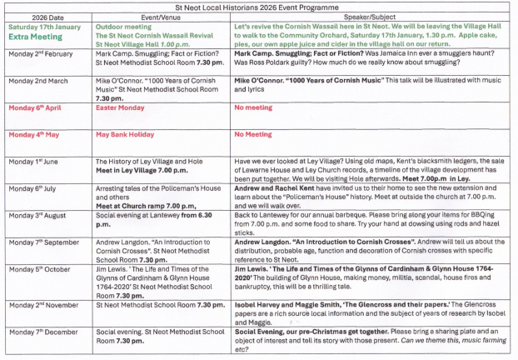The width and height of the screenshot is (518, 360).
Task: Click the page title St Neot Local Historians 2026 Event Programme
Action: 259,5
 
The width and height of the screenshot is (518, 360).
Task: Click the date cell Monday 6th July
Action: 36,189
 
